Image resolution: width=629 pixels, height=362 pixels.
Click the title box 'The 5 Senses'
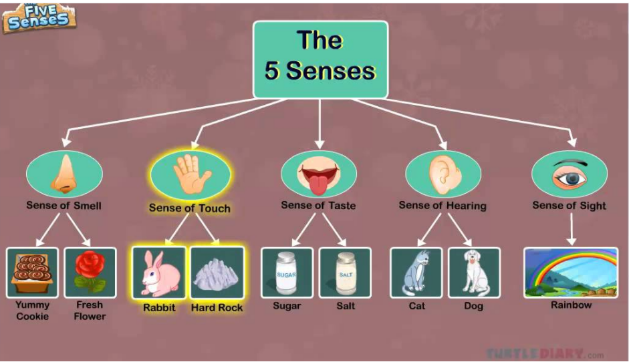click(320, 59)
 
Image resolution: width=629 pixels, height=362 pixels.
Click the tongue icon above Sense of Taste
click(318, 175)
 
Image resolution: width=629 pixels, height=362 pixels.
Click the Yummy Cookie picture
click(32, 273)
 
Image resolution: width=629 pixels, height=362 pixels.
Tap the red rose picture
click(90, 273)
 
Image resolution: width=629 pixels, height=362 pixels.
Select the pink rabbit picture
click(159, 273)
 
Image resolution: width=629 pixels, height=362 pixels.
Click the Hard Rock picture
click(217, 273)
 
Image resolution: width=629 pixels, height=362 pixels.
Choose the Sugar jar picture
click(287, 273)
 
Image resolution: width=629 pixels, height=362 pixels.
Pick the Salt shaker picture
click(345, 273)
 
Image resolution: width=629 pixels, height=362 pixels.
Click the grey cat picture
click(416, 273)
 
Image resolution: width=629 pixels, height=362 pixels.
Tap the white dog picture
click(474, 273)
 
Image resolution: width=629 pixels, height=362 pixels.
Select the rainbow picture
click(571, 273)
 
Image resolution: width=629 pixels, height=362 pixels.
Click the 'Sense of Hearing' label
click(443, 206)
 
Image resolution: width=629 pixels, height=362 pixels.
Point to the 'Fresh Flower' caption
click(90, 311)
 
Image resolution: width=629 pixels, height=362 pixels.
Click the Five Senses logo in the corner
click(39, 17)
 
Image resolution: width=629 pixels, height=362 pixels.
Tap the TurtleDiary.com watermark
click(545, 353)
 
